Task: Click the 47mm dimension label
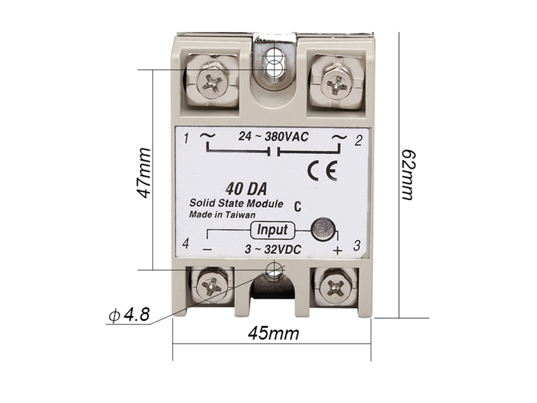pos(144,173)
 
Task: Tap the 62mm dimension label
pos(407,175)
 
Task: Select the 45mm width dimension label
pos(273,333)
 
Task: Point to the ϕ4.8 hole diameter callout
pos(130,314)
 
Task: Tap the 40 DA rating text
pos(246,189)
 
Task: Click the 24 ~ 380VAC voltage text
pos(274,137)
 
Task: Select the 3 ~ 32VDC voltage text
pos(273,249)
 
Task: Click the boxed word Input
pos(272,230)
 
